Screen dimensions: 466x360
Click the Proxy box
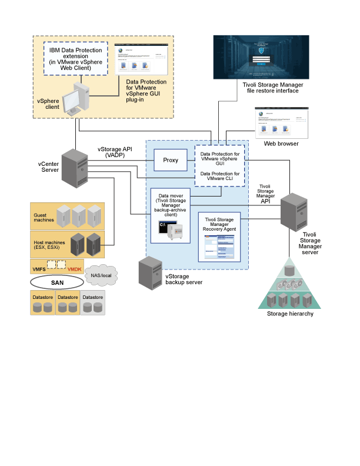click(171, 160)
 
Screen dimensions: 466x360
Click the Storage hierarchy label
click(290, 314)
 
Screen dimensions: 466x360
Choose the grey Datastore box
click(92, 304)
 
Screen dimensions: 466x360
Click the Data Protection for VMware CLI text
click(220, 177)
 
